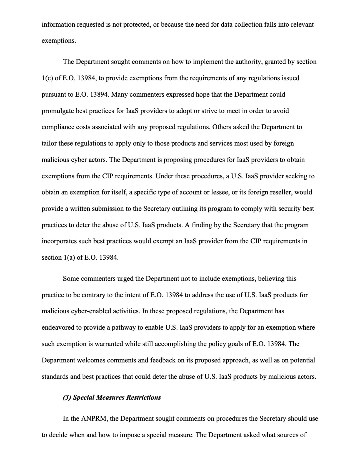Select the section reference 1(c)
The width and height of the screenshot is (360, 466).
pyautogui.click(x=47, y=78)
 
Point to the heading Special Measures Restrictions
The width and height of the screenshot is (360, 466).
pyautogui.click(x=117, y=397)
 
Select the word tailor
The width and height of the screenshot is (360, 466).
pyautogui.click(x=49, y=143)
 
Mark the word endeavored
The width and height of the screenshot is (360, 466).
pyautogui.click(x=57, y=327)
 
